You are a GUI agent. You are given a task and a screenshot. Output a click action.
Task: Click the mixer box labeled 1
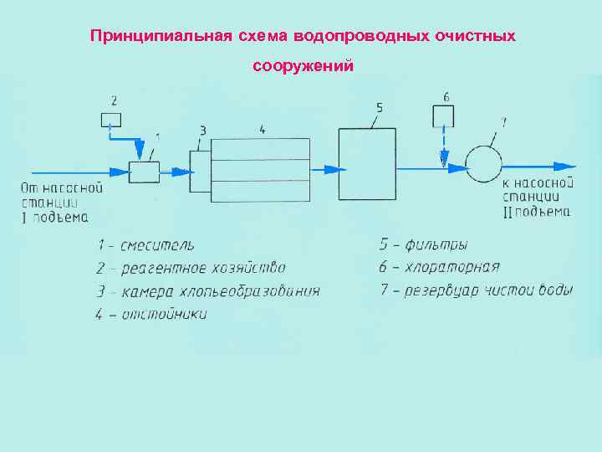coord(144,172)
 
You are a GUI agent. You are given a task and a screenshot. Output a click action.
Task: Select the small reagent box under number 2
coord(111,120)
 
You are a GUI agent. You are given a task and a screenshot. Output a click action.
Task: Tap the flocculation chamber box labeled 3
coord(201,171)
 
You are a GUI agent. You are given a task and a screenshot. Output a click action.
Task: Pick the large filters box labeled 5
coord(367,164)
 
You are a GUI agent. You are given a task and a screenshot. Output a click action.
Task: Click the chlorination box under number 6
coord(443,116)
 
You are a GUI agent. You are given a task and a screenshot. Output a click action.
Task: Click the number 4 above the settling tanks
coord(262,130)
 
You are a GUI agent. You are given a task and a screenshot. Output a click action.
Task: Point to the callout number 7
coord(503,122)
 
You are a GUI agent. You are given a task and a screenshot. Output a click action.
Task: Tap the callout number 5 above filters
coord(380,108)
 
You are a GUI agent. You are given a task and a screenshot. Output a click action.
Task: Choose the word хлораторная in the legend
coord(451,268)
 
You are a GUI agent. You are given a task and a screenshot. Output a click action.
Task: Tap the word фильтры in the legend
coord(436,245)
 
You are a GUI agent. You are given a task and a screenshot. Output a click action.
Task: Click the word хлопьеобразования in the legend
coord(251,291)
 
